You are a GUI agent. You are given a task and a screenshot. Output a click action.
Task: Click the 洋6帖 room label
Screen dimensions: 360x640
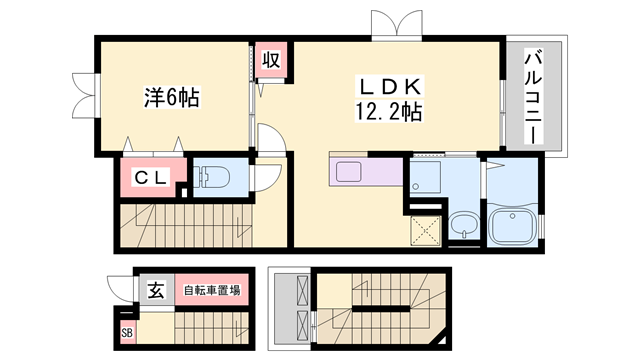click(x=171, y=98)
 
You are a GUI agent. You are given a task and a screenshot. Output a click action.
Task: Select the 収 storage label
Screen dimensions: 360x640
click(x=270, y=59)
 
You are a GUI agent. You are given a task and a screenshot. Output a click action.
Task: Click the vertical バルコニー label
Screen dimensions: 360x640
click(x=532, y=94)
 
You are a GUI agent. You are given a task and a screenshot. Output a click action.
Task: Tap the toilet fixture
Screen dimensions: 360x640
click(x=209, y=177)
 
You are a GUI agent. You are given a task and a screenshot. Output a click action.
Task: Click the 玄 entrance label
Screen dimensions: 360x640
click(x=156, y=291)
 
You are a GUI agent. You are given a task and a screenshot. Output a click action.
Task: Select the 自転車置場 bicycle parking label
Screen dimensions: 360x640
click(x=210, y=291)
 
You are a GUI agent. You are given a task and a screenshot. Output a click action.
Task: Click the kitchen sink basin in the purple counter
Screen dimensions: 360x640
click(x=351, y=171)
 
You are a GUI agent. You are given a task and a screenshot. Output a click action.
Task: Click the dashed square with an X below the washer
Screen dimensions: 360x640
click(x=426, y=230)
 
